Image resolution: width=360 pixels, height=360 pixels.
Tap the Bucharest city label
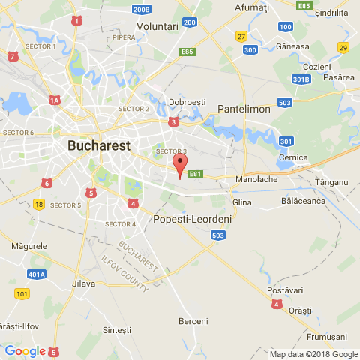[x=99, y=145]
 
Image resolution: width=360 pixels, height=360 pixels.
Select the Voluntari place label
[x=157, y=25]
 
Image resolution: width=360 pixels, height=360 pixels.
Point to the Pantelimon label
[x=244, y=109]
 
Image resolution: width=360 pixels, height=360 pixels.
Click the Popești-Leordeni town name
[x=192, y=220]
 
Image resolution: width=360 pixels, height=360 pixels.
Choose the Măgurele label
[x=30, y=245]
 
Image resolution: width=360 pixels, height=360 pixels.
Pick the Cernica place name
[x=293, y=157]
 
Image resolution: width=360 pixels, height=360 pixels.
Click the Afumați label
[x=251, y=7]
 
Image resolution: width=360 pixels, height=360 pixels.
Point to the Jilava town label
[x=83, y=283]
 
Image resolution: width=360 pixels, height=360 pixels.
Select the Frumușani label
[x=328, y=337]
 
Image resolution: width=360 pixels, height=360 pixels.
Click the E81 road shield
[x=196, y=175]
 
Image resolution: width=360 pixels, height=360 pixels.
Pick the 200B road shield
[x=141, y=10]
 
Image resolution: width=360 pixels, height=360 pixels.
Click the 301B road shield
[x=300, y=79]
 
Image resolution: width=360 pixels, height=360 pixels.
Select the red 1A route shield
[x=54, y=100]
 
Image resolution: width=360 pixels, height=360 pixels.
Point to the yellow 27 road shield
[x=241, y=36]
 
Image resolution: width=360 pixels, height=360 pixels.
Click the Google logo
[x=25, y=351]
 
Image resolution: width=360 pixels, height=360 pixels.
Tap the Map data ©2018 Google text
[x=313, y=354]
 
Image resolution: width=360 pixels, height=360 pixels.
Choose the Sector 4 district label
[x=120, y=224]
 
